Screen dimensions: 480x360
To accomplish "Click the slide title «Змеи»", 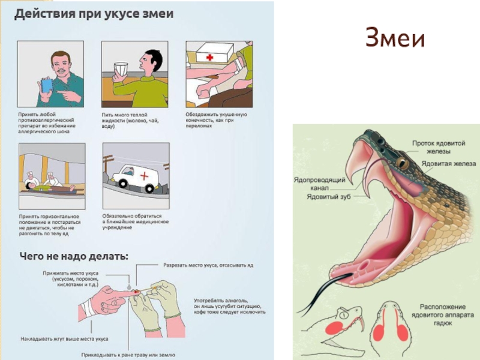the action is pos(395,40).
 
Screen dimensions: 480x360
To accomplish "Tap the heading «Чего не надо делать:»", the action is pos(74,256).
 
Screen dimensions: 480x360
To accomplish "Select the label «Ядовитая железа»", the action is pos(449,164).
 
